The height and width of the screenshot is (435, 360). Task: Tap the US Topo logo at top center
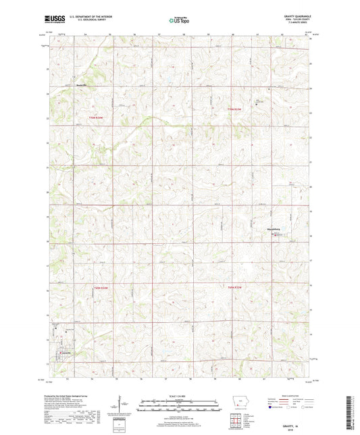[x=179, y=21]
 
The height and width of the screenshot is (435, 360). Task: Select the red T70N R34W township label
[x=97, y=118]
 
